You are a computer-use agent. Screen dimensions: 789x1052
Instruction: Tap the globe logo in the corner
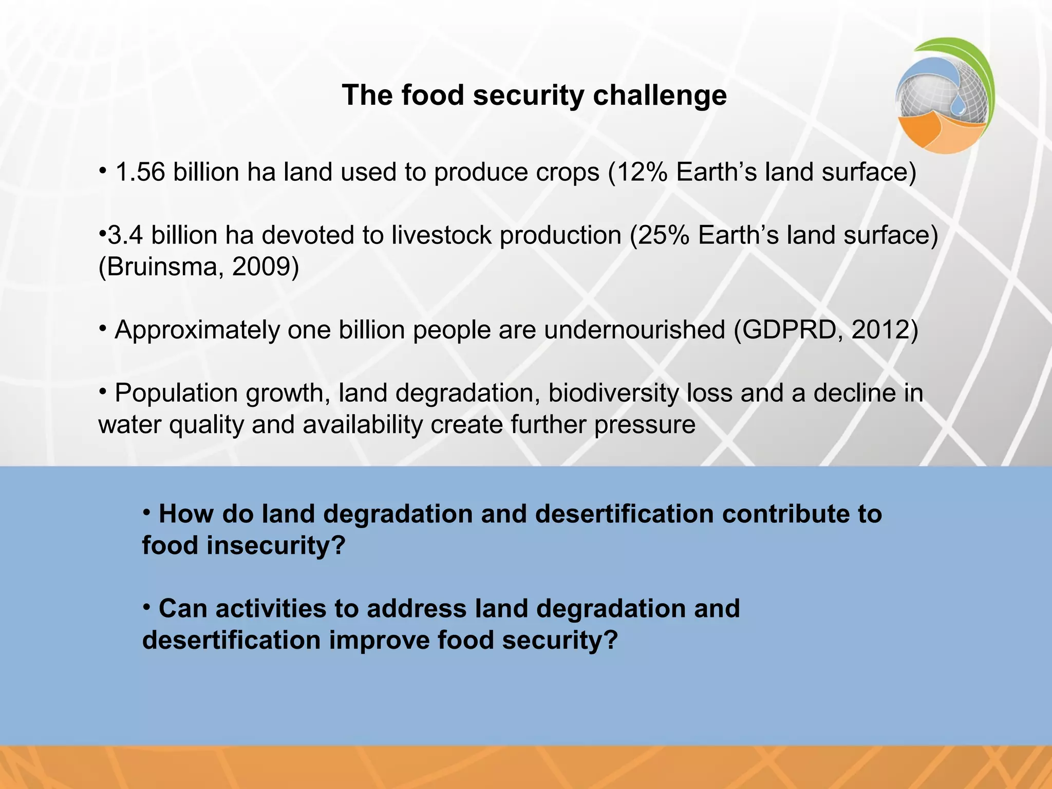click(944, 96)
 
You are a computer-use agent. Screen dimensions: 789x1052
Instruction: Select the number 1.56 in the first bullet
click(140, 172)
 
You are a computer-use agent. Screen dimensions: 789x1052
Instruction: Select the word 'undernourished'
click(634, 330)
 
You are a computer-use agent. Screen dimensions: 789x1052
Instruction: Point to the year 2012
click(880, 330)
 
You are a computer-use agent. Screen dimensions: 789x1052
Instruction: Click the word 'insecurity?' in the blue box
click(276, 546)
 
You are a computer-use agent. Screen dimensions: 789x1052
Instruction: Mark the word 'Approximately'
click(197, 330)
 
